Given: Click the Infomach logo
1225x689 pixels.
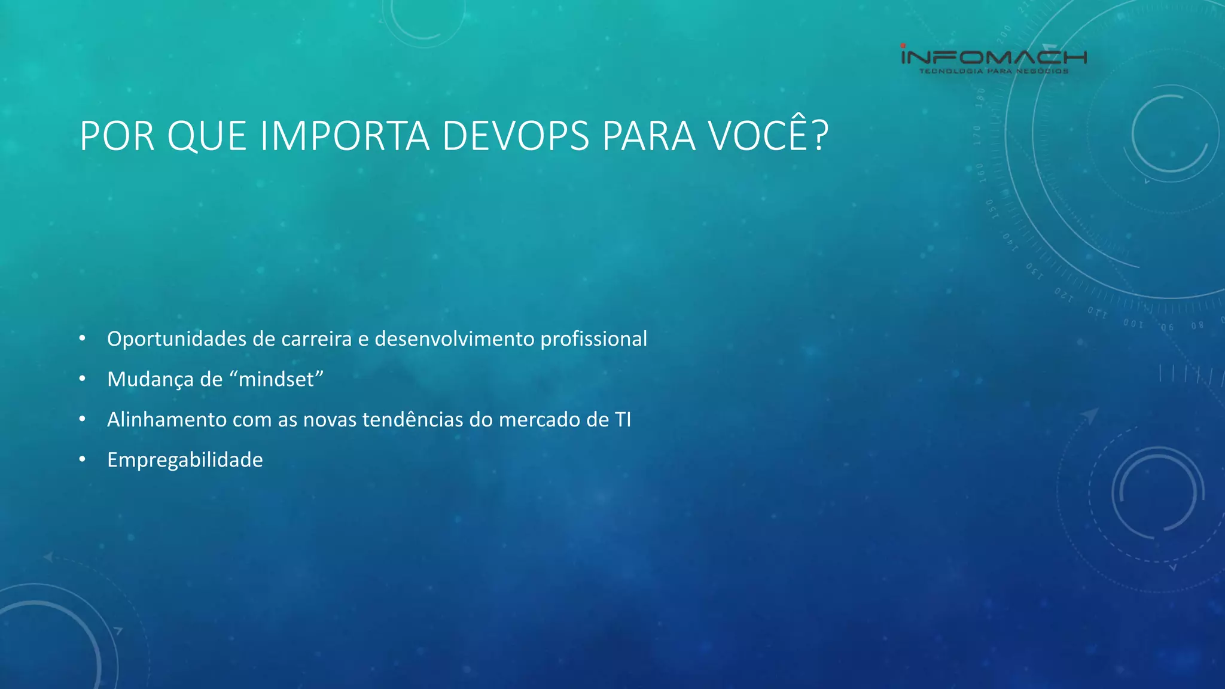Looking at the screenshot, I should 994,57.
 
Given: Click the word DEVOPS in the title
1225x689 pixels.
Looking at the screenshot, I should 516,136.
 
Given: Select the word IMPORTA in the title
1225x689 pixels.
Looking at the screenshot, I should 345,136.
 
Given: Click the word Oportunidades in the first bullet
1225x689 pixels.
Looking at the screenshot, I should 177,339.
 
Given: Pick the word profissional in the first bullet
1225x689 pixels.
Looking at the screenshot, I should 593,339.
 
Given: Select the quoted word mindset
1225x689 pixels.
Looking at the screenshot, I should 276,379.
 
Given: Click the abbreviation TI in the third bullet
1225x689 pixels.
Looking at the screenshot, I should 623,420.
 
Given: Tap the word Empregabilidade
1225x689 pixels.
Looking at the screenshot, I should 185,460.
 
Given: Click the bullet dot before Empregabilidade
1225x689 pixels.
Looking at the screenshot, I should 83,459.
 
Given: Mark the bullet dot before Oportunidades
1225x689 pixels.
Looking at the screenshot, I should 83,339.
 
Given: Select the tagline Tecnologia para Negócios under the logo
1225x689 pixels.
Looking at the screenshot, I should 994,71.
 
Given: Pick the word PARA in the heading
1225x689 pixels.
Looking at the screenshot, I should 648,136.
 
